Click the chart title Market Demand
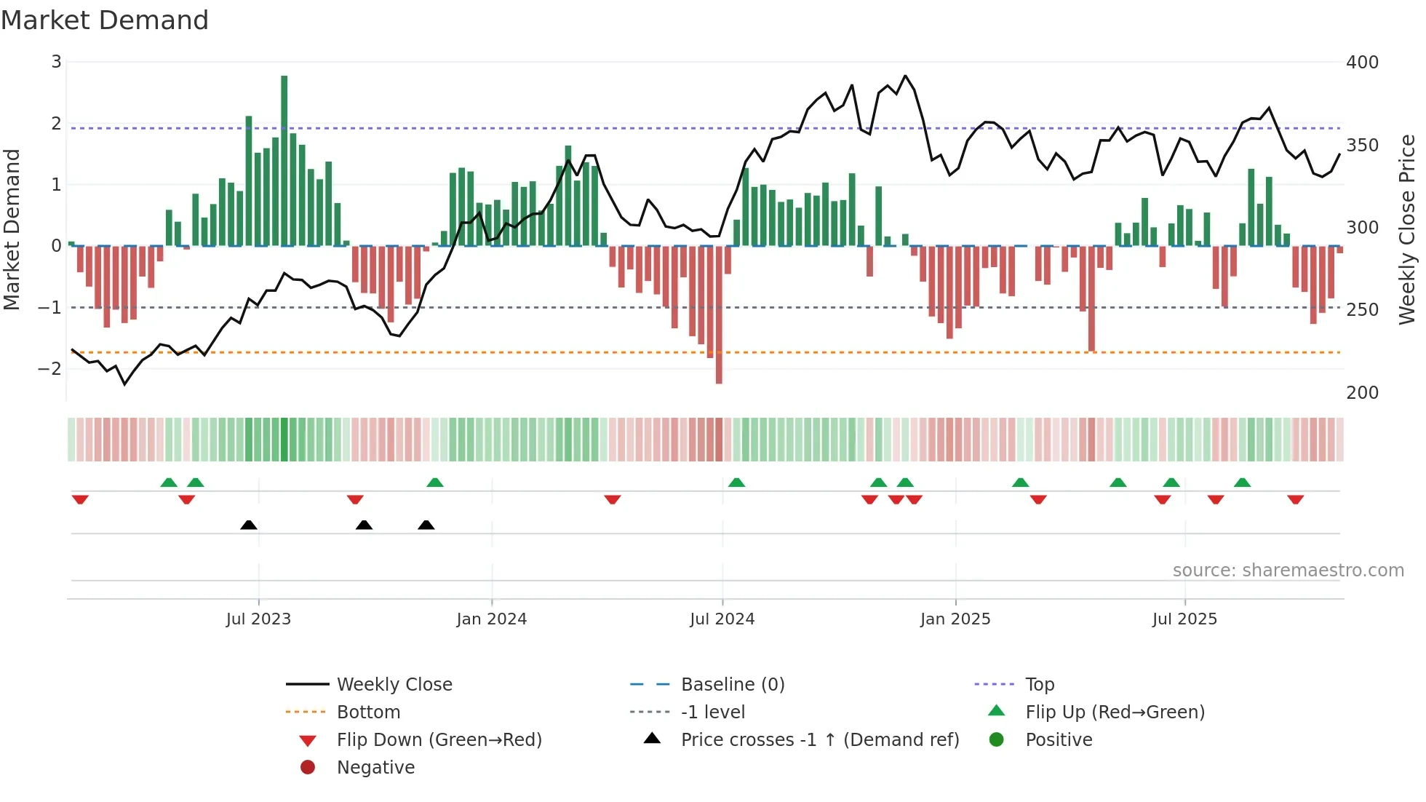point(105,20)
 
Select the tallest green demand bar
point(284,160)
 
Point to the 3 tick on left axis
point(56,62)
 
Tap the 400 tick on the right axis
point(1362,63)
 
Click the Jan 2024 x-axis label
point(491,619)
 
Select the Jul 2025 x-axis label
point(1184,619)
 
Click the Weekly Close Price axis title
point(1407,229)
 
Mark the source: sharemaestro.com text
point(1288,571)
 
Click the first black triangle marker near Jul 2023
point(249,525)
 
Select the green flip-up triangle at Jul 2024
point(736,483)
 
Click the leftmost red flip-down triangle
point(80,499)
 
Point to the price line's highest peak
point(905,76)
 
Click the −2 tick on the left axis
point(49,369)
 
